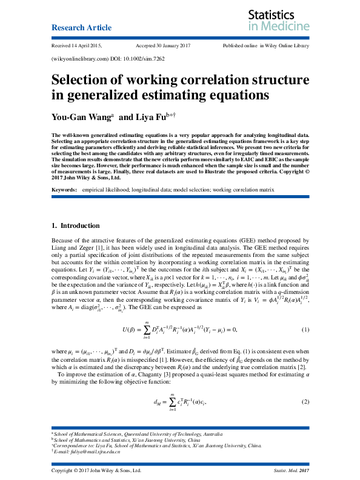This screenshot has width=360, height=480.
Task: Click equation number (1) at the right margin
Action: coord(305,329)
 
